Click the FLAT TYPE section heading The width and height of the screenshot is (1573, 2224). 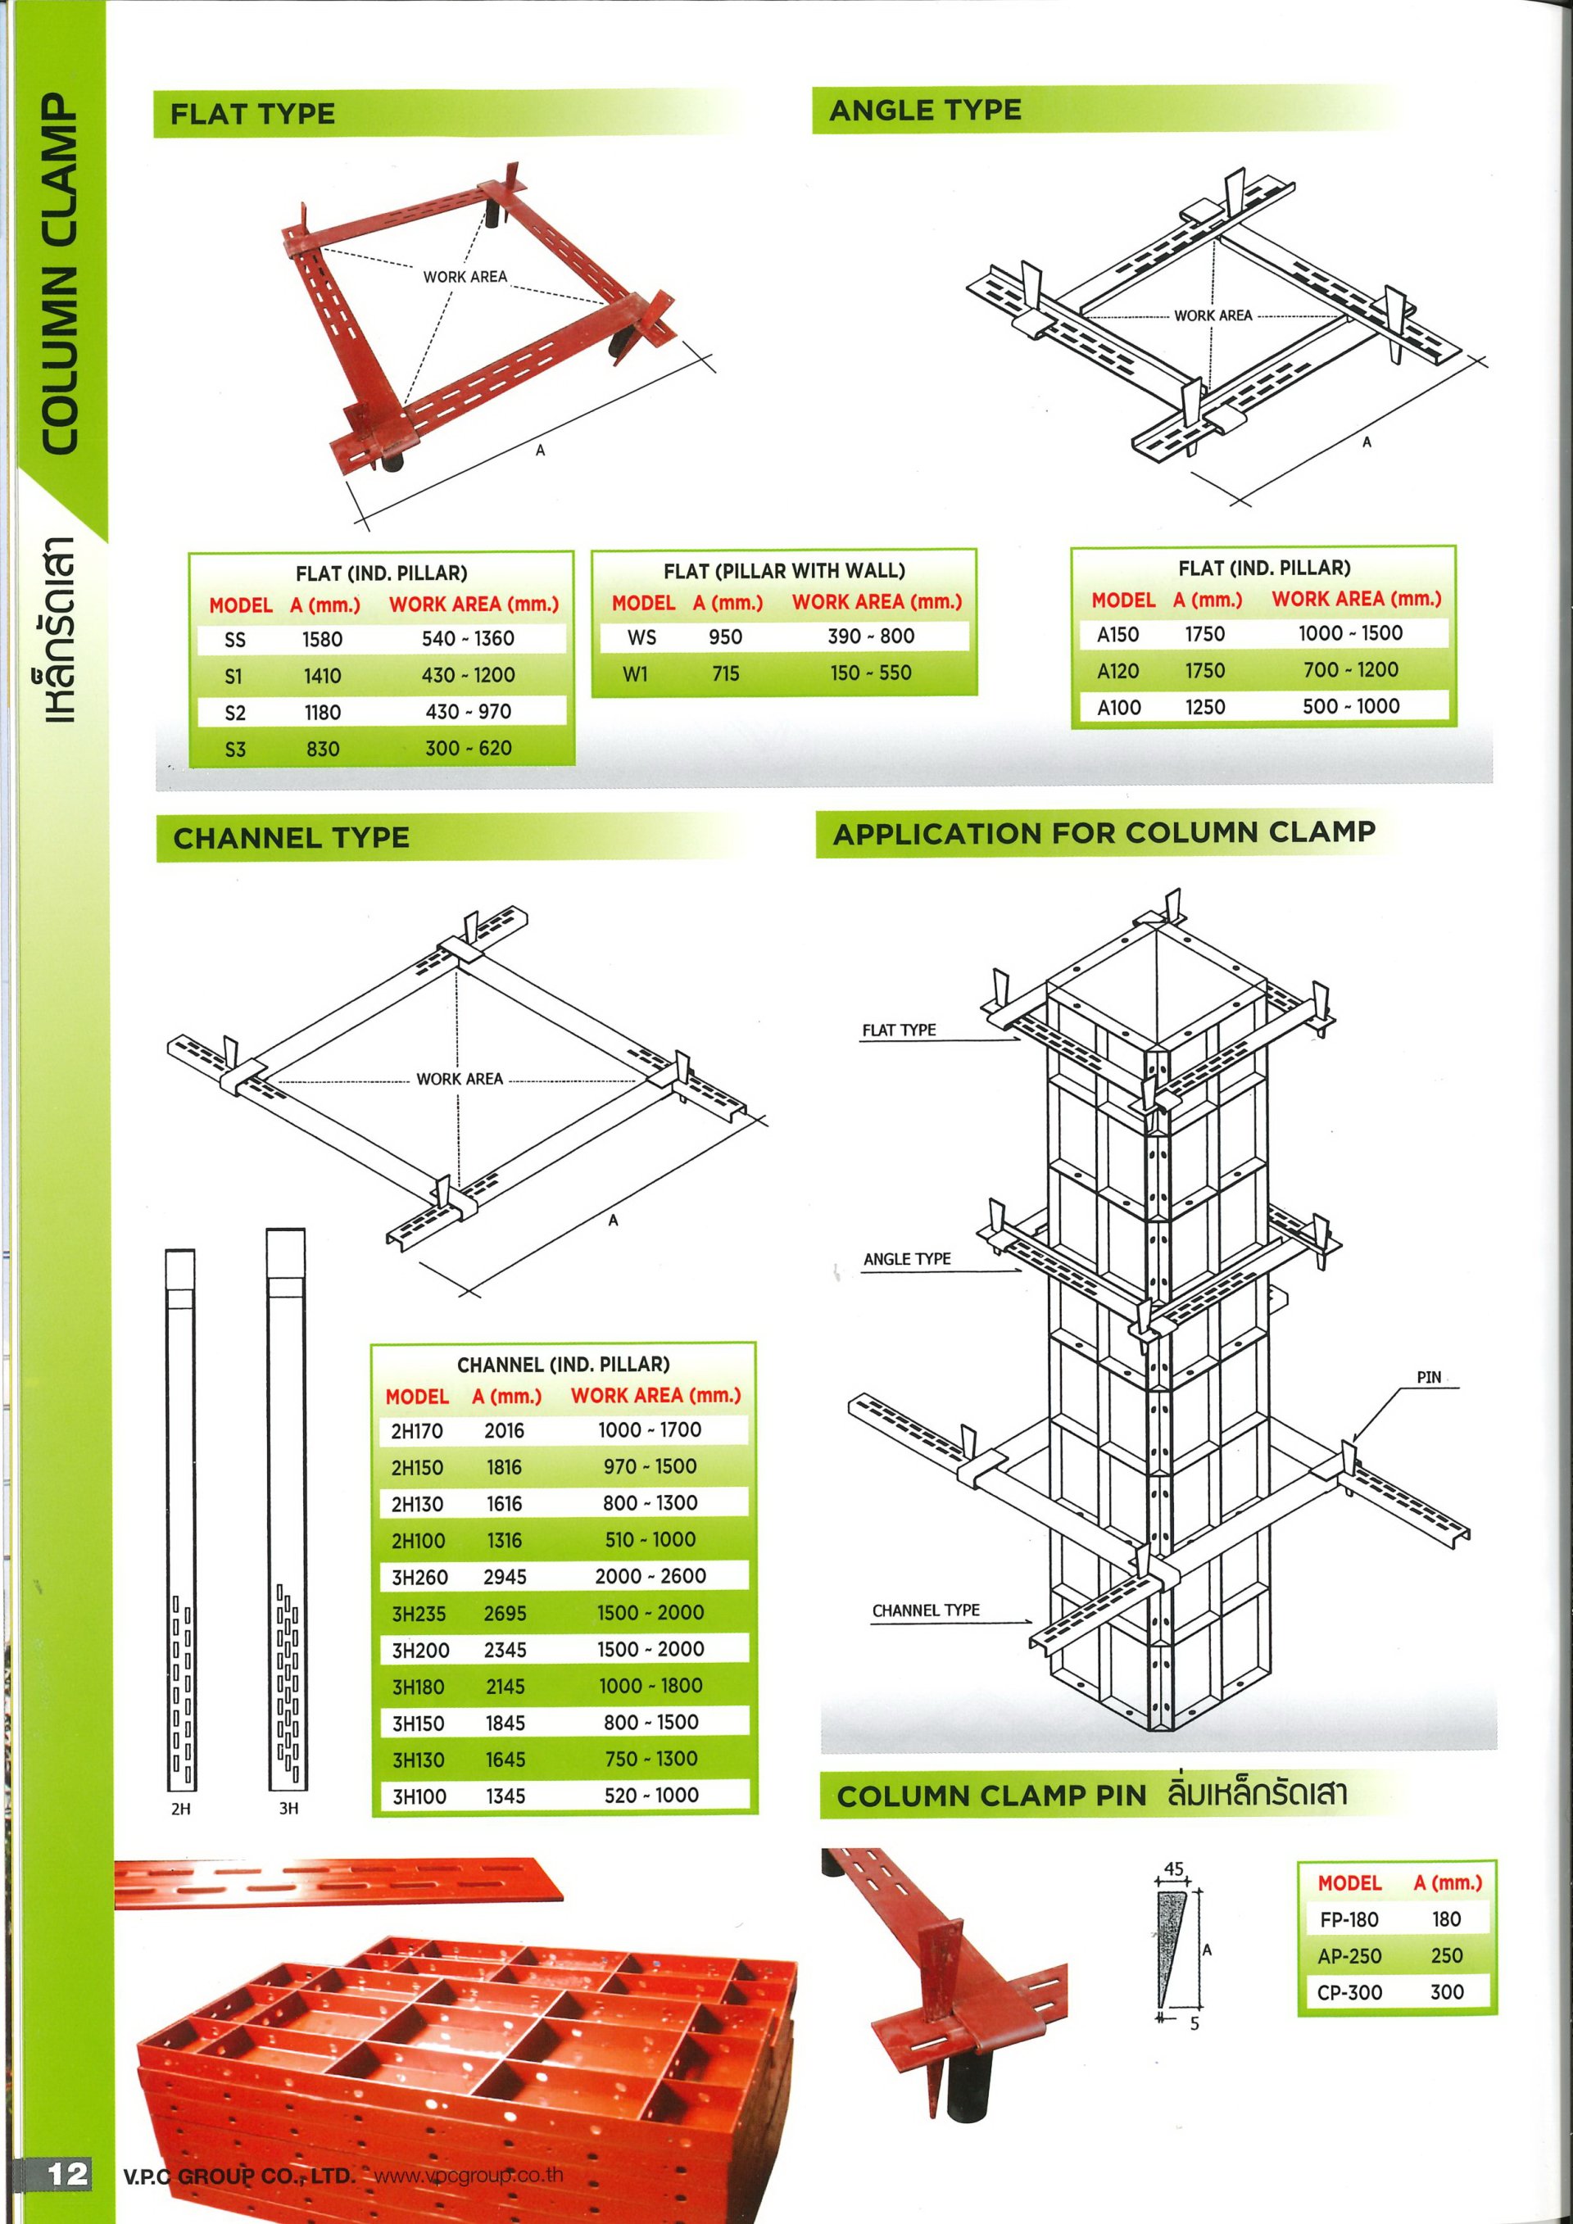[253, 115]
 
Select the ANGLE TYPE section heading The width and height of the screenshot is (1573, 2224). [925, 111]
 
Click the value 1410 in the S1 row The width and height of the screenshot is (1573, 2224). [323, 676]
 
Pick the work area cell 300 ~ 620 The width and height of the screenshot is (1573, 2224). [468, 749]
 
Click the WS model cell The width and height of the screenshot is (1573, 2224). [641, 637]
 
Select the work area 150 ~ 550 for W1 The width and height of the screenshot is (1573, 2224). [870, 673]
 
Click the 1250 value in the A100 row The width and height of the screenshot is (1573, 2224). [1205, 708]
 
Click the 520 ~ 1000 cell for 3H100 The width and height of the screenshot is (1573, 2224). [651, 1796]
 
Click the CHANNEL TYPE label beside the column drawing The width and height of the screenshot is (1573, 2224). [925, 1610]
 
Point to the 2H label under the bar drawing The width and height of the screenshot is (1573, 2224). [180, 1809]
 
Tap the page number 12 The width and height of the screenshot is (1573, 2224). [68, 2175]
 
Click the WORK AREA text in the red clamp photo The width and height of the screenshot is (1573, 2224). [465, 277]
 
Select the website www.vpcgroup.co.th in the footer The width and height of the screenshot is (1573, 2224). [468, 2176]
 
